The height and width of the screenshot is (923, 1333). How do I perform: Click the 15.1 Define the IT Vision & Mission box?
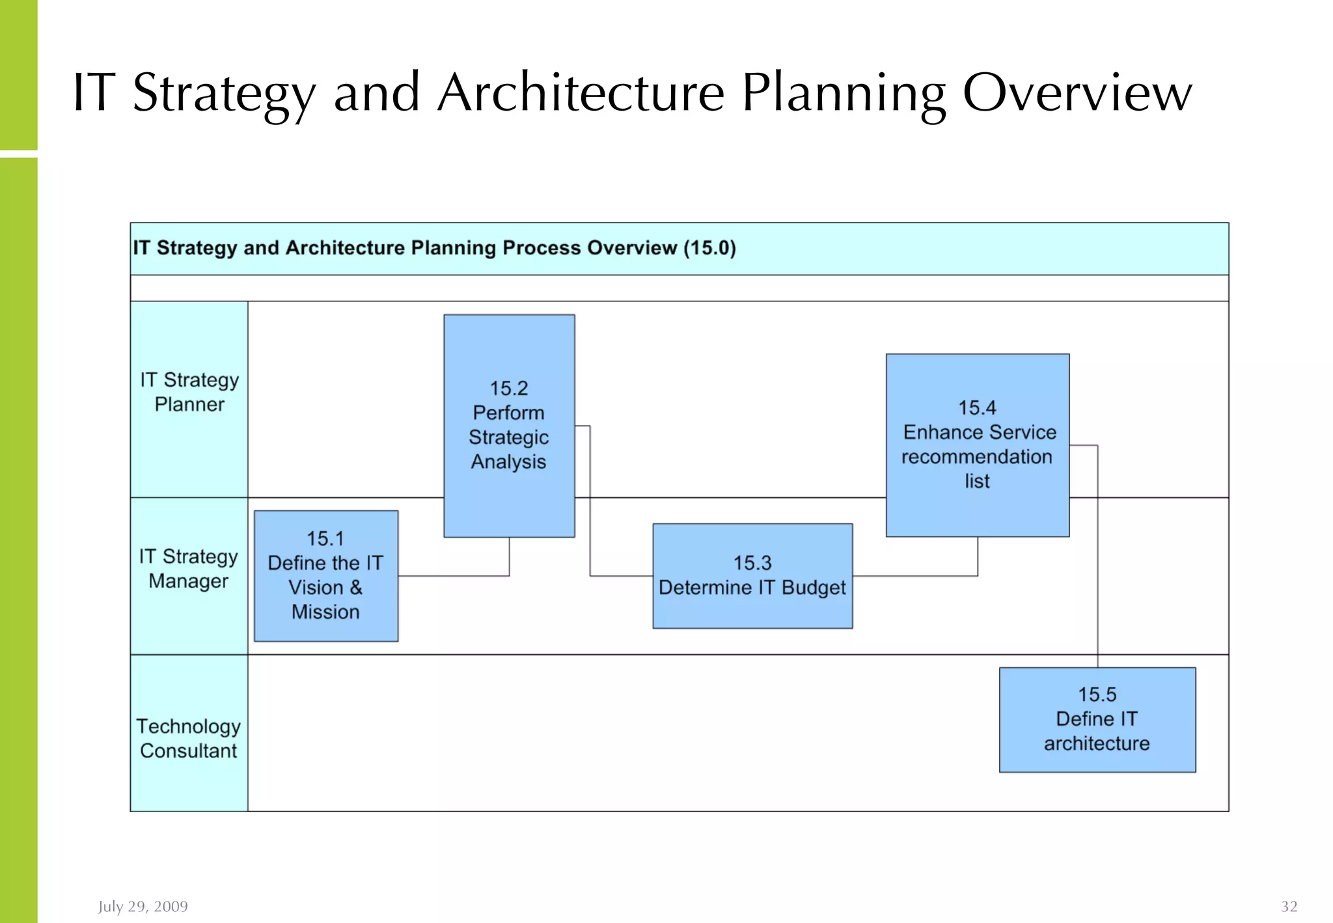[325, 575]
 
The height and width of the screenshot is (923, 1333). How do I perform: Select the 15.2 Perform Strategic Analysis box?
[509, 426]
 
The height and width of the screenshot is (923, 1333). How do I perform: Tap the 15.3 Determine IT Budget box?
[752, 575]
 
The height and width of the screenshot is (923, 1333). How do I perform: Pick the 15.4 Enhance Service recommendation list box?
[977, 445]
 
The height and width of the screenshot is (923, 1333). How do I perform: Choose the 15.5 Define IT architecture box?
[1097, 719]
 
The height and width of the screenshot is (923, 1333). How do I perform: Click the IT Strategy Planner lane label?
[189, 392]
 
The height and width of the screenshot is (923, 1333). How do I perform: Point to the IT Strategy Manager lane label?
[189, 568]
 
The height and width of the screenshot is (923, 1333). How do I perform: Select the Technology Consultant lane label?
[189, 738]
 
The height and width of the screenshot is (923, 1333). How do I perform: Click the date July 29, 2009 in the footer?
[143, 906]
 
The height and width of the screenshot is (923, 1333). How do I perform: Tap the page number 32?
[1289, 906]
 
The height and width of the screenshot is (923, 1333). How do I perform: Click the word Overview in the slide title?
[1077, 92]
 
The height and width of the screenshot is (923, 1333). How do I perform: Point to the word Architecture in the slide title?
[581, 92]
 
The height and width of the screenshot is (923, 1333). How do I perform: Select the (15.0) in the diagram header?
[709, 248]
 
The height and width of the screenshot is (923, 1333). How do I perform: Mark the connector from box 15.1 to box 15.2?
[456, 576]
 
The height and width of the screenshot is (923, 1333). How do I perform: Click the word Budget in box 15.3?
[814, 588]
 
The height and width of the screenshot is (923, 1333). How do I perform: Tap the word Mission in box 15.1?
[325, 612]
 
